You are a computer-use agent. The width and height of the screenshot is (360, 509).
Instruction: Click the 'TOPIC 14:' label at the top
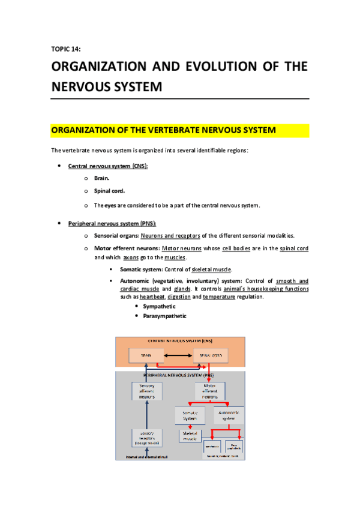[x=67, y=49]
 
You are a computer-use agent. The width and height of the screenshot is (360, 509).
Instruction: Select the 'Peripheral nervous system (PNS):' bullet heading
[x=112, y=223]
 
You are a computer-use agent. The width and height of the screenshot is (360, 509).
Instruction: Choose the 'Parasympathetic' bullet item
[x=164, y=316]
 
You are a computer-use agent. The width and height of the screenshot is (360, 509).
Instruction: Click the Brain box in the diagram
[x=146, y=356]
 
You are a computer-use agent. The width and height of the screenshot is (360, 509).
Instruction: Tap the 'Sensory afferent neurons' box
[x=147, y=391]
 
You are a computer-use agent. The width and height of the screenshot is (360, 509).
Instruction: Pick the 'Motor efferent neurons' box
[x=210, y=391]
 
